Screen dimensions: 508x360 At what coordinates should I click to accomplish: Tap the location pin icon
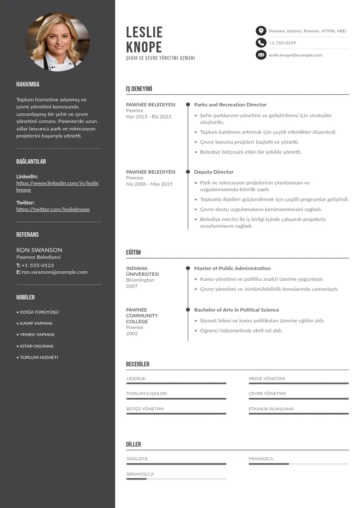coord(261,31)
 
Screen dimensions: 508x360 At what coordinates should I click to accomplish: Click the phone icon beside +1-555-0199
coord(261,43)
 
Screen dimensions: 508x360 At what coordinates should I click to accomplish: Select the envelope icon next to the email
coord(261,55)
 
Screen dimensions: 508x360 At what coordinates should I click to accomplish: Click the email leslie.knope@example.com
coord(296,55)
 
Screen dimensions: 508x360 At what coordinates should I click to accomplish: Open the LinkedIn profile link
coord(57,186)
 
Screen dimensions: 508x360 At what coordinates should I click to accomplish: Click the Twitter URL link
coord(53,210)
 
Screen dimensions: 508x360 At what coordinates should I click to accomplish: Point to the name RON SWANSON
coord(39,250)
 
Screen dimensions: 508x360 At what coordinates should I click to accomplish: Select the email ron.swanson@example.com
coord(54,272)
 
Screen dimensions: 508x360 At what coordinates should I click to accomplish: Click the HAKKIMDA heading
coord(28,84)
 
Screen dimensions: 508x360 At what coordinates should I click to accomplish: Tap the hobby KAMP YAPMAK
coord(36,323)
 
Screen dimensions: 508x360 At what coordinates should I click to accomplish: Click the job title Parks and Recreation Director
coord(230,105)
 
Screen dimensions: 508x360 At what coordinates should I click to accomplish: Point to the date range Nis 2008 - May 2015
coord(149,184)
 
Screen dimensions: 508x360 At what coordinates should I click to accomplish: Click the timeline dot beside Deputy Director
coord(188,172)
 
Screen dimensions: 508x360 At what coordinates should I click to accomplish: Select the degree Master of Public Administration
coord(232,269)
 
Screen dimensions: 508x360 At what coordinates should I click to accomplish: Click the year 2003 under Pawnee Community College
coord(132,333)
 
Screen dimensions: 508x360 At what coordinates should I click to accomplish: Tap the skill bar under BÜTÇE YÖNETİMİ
coord(176,414)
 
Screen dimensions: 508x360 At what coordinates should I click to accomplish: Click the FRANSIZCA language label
coord(261,459)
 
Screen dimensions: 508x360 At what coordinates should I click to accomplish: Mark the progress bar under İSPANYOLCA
coord(176,479)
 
